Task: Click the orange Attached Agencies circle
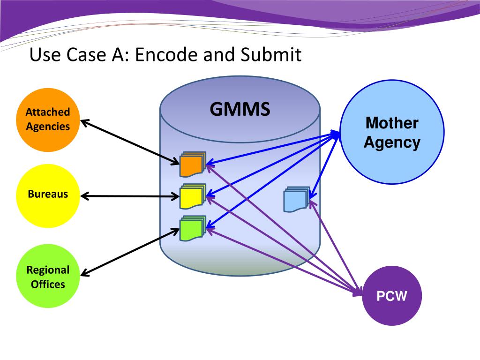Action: click(x=48, y=120)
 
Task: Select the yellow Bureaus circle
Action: click(x=48, y=196)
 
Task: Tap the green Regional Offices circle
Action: click(x=48, y=276)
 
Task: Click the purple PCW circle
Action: click(x=392, y=296)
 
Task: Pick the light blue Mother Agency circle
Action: click(x=392, y=132)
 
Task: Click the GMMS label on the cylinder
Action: click(x=240, y=109)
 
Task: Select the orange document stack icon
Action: click(x=193, y=164)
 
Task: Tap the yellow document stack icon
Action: click(x=193, y=196)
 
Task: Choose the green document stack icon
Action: click(x=193, y=228)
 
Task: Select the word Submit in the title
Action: click(x=271, y=54)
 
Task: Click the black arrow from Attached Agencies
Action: click(x=130, y=142)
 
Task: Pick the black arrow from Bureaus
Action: click(x=130, y=196)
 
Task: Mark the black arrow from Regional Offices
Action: click(x=130, y=252)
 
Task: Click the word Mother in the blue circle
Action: click(x=392, y=123)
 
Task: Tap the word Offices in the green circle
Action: click(x=48, y=284)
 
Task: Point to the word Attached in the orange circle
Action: click(x=48, y=112)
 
